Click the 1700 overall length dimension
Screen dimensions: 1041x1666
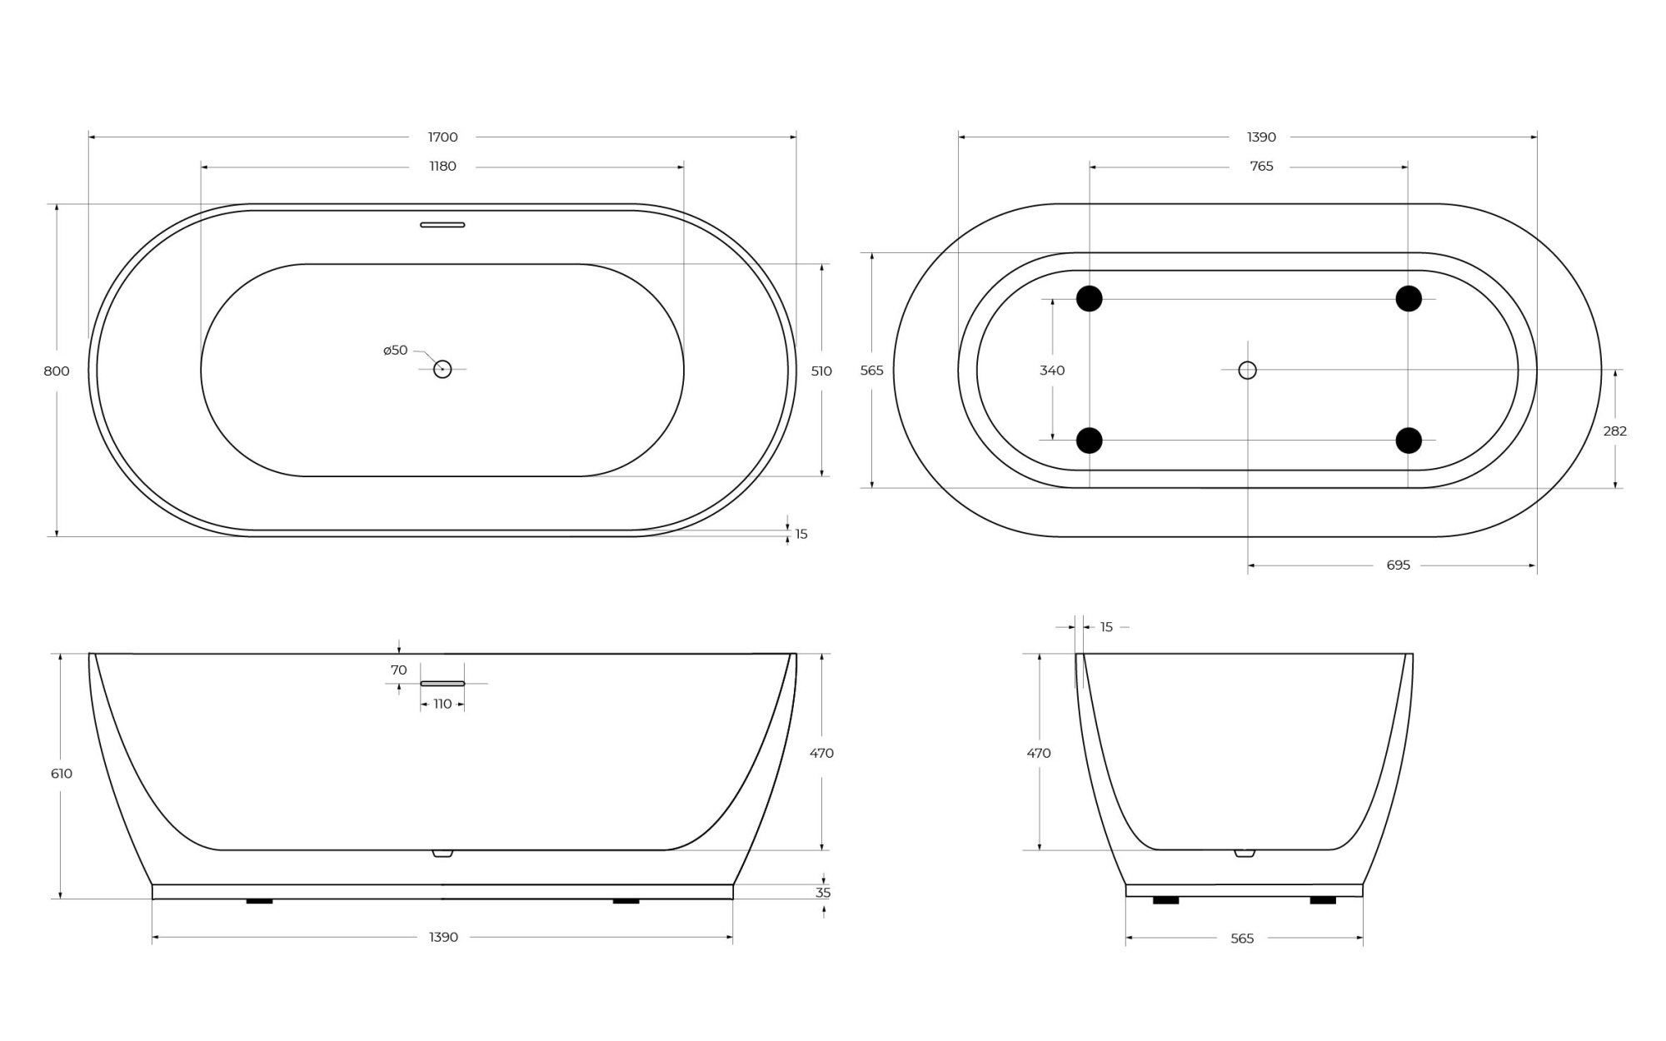pyautogui.click(x=442, y=137)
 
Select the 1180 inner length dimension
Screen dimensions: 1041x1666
pyautogui.click(x=442, y=167)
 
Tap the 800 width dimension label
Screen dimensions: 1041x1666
pyautogui.click(x=57, y=371)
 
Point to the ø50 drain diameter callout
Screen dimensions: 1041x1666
pyautogui.click(x=395, y=351)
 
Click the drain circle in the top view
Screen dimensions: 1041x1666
pyautogui.click(x=442, y=369)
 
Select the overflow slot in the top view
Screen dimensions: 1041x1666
pyautogui.click(x=442, y=225)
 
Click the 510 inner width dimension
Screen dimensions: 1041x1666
pyautogui.click(x=821, y=371)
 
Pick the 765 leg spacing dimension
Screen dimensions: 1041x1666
pyautogui.click(x=1261, y=167)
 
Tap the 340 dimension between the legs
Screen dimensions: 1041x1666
pyautogui.click(x=1052, y=371)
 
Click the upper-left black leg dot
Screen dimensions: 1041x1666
pyautogui.click(x=1089, y=298)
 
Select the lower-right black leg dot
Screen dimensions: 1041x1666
pyautogui.click(x=1409, y=441)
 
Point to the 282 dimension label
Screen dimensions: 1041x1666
pyautogui.click(x=1614, y=431)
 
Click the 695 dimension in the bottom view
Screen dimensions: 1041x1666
pyautogui.click(x=1398, y=565)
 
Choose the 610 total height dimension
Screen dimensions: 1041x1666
pyautogui.click(x=62, y=774)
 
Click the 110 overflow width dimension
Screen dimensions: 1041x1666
pyautogui.click(x=442, y=705)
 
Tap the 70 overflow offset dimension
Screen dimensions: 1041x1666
pyautogui.click(x=399, y=670)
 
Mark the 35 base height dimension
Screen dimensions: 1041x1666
pyautogui.click(x=823, y=893)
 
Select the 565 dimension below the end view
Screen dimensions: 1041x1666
pyautogui.click(x=1242, y=939)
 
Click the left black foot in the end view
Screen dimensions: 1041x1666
pyautogui.click(x=1165, y=900)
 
